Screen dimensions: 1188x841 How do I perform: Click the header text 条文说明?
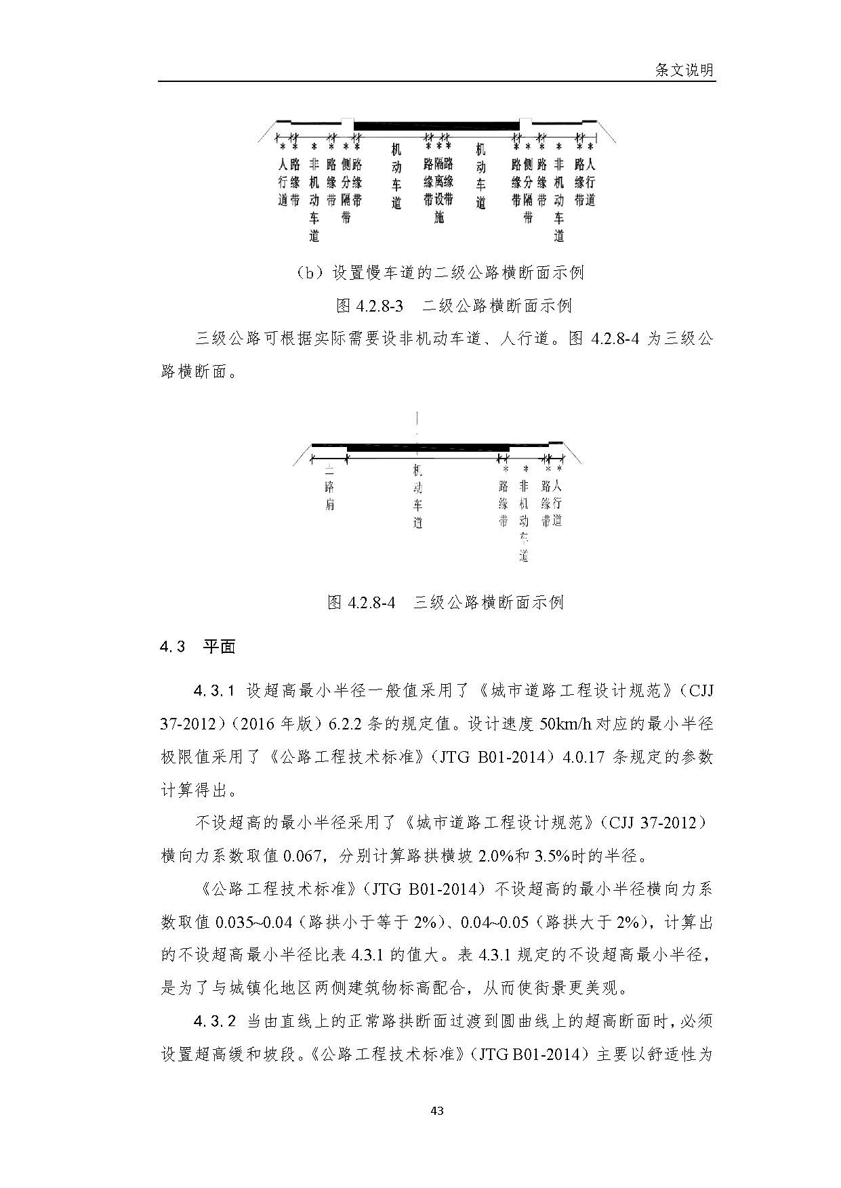pos(684,70)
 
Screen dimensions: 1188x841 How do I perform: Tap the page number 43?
pos(437,1110)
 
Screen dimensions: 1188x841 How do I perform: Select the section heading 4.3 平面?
pos(198,646)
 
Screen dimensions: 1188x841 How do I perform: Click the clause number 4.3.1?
pos(213,691)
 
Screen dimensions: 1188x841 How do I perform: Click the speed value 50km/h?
pos(565,723)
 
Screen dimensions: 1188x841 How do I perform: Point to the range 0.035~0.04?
pos(253,922)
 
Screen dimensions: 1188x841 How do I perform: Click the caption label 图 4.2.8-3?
pos(369,305)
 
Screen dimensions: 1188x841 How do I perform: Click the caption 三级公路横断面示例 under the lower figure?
pos(489,601)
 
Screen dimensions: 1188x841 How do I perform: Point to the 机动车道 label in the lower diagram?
pos(417,496)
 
